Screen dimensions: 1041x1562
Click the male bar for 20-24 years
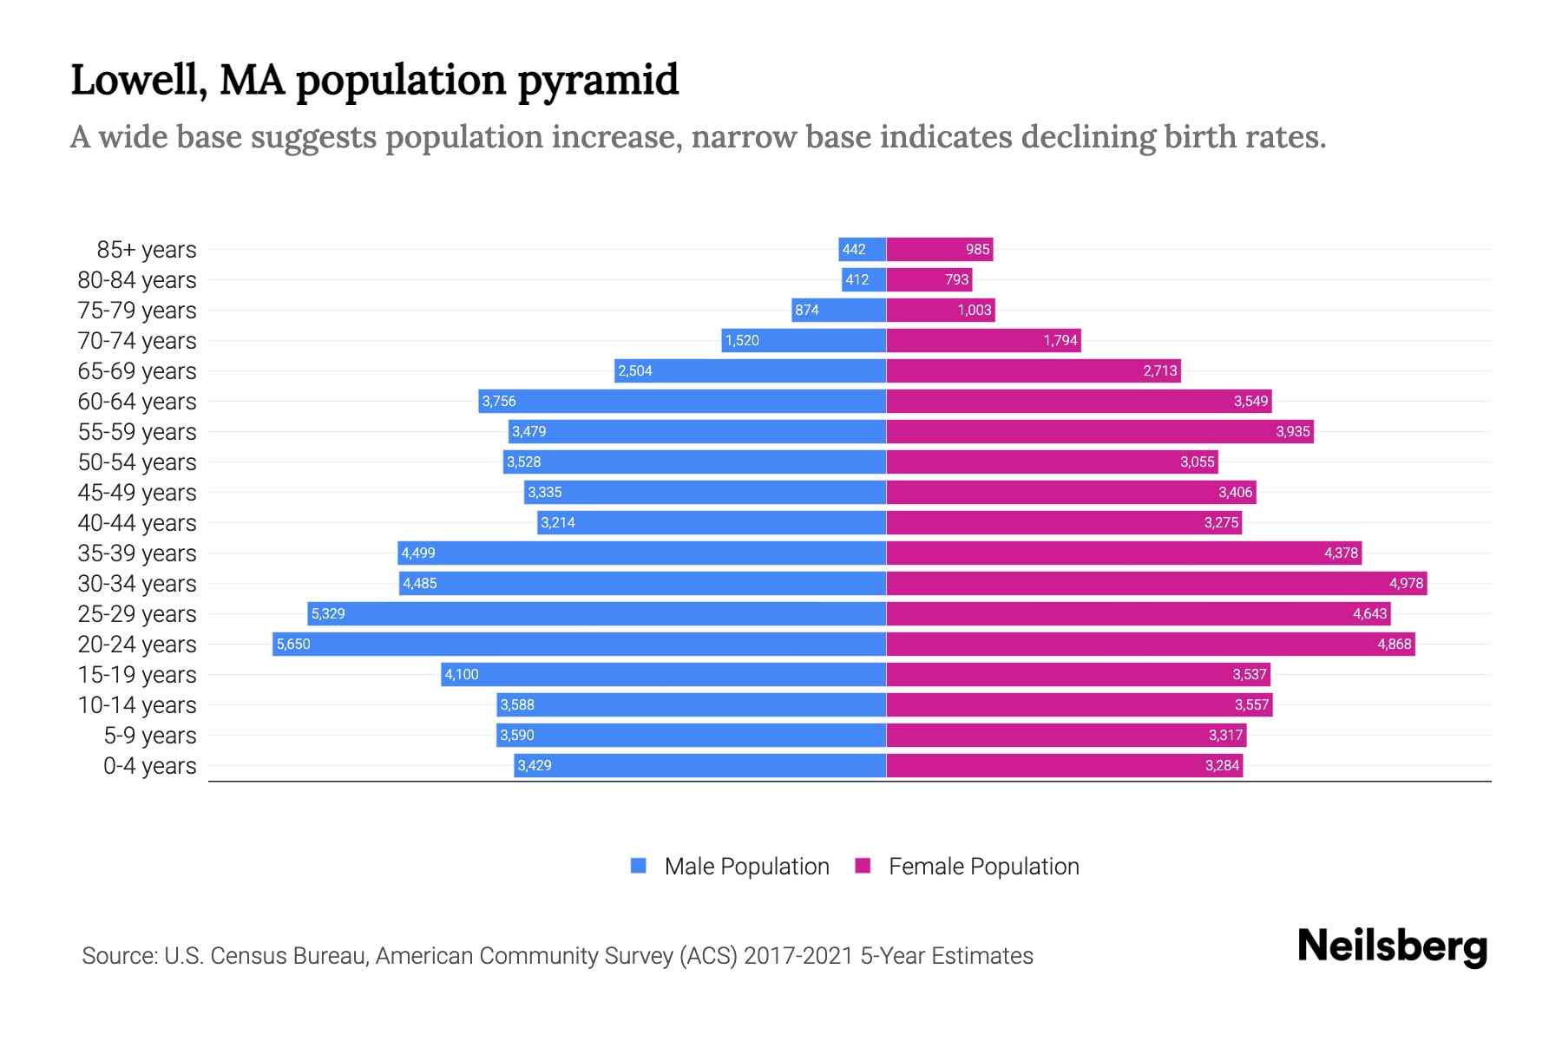click(580, 644)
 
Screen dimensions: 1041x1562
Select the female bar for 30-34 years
click(1156, 583)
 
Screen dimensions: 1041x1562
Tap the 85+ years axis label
click(147, 250)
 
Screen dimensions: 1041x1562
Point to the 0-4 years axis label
click(149, 766)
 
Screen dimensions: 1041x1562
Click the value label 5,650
click(293, 645)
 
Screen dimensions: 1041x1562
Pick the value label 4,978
click(1406, 583)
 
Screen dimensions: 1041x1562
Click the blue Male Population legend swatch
click(639, 866)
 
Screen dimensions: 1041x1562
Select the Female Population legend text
click(983, 867)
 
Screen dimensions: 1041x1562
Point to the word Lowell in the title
click(139, 81)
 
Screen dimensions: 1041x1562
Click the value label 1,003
click(974, 311)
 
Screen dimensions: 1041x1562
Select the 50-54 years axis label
click(137, 462)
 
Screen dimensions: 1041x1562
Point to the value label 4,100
click(462, 675)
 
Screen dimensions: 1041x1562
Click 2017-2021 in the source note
click(798, 956)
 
